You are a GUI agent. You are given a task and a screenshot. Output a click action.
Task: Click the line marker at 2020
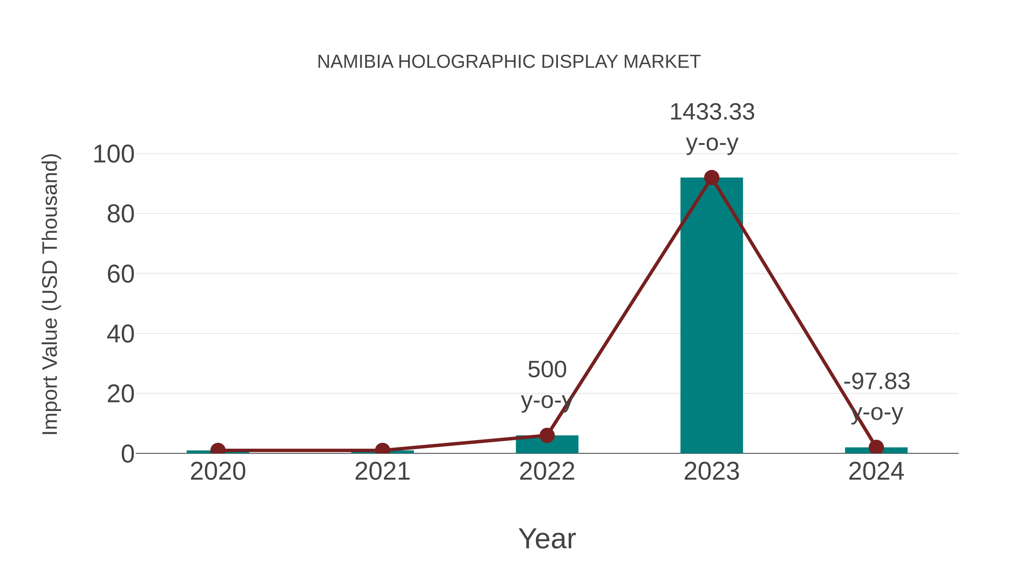coord(218,450)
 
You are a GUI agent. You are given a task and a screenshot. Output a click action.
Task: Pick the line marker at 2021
coord(382,450)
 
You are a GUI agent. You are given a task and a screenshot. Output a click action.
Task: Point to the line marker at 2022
coord(547,435)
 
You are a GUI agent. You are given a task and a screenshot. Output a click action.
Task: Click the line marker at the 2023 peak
coord(711,178)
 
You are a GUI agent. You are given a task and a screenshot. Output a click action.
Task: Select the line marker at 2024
coord(876,447)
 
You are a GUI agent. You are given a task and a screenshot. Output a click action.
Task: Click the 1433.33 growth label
coord(712,112)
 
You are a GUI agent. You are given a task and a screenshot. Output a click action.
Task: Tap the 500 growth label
coord(547,370)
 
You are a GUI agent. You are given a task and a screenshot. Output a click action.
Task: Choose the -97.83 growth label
coord(877,382)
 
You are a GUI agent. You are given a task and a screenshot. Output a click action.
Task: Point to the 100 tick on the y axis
coord(113,154)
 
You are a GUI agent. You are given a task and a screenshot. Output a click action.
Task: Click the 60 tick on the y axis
coord(120,274)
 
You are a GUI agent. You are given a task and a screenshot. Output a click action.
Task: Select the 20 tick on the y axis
coord(120,394)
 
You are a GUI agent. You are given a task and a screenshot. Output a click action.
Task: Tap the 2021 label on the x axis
coord(382,472)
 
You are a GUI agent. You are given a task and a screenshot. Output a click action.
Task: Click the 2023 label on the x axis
coord(711,472)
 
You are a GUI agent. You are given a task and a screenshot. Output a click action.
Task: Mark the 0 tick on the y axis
coord(127,454)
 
